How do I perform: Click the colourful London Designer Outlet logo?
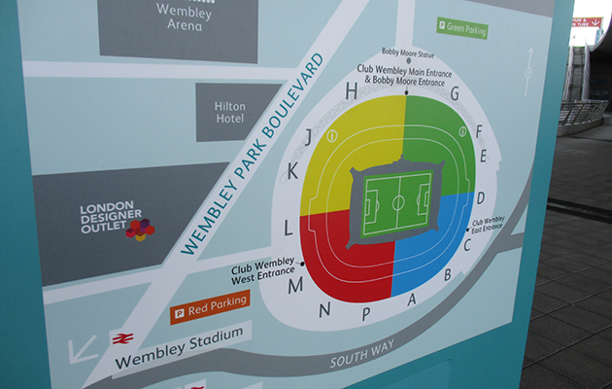(x=140, y=230)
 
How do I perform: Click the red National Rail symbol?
(x=123, y=338)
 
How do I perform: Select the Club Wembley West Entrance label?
(x=265, y=272)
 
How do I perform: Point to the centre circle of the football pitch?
(x=397, y=202)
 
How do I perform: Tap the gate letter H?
(x=352, y=91)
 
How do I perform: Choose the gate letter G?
(x=453, y=94)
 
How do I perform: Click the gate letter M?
(x=295, y=285)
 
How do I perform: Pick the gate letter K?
(x=292, y=171)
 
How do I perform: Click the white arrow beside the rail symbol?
(x=83, y=348)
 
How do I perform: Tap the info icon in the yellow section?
(x=332, y=136)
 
